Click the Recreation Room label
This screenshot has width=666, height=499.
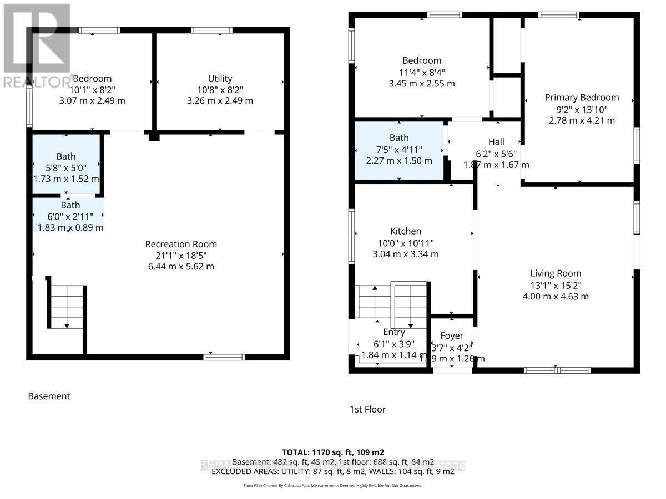tap(181, 244)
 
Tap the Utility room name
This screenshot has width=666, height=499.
tap(220, 78)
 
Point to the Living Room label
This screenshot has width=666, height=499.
tap(556, 273)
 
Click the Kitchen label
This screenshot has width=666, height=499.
tap(406, 231)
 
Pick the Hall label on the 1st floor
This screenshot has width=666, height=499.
tap(496, 142)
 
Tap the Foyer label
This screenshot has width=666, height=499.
tap(452, 335)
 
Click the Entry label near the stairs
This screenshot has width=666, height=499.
tap(393, 332)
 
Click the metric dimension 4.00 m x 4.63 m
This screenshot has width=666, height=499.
tap(556, 296)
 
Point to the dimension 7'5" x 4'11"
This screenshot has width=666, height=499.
tap(399, 149)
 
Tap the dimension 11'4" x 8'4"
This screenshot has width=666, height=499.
tap(422, 72)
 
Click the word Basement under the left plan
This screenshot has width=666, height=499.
tap(49, 396)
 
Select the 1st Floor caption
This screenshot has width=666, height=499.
tap(367, 409)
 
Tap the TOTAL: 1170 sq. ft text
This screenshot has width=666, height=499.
tap(333, 451)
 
